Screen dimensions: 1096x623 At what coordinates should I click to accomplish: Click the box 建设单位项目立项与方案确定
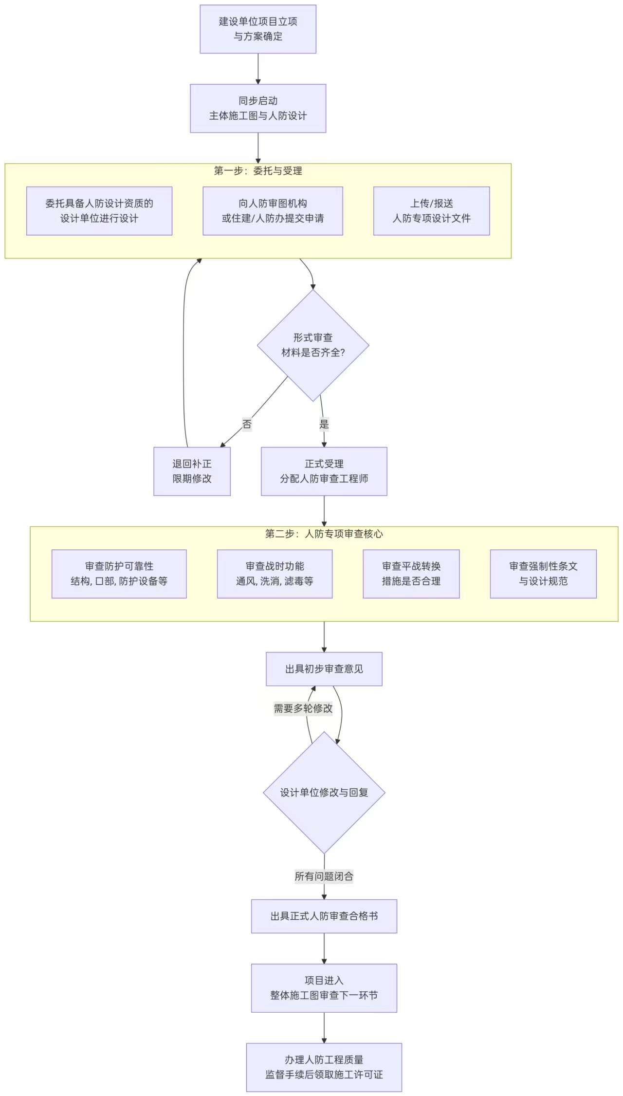pyautogui.click(x=258, y=29)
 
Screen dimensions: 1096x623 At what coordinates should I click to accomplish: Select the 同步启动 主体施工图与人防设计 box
pyautogui.click(x=258, y=108)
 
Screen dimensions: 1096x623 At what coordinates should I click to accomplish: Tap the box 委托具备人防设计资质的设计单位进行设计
pyautogui.click(x=99, y=211)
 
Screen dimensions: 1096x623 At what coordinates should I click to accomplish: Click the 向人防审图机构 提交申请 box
pyautogui.click(x=273, y=211)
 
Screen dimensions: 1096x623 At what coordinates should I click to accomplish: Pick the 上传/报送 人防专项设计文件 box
pyautogui.click(x=431, y=211)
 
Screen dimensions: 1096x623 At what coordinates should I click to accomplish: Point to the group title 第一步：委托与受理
pyautogui.click(x=258, y=171)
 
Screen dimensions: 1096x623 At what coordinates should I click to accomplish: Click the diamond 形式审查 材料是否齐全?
pyautogui.click(x=313, y=345)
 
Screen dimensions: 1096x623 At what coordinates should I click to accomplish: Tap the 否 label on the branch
pyautogui.click(x=247, y=424)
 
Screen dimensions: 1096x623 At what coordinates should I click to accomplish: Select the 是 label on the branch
pyautogui.click(x=324, y=424)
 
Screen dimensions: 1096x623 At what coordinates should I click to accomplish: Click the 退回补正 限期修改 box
pyautogui.click(x=192, y=471)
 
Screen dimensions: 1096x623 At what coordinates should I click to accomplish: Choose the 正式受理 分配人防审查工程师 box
pyautogui.click(x=324, y=471)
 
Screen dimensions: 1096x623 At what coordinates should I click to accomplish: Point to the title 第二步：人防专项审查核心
pyautogui.click(x=324, y=534)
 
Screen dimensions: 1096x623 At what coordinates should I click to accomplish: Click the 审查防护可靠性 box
pyautogui.click(x=119, y=574)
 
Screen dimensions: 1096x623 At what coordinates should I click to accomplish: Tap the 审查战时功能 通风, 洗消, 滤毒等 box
pyautogui.click(x=275, y=574)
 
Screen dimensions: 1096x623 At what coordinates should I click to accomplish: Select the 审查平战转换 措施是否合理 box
pyautogui.click(x=411, y=574)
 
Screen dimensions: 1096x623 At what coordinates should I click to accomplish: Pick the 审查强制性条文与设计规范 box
pyautogui.click(x=543, y=574)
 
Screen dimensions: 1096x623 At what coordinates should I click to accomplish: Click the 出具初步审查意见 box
pyautogui.click(x=324, y=669)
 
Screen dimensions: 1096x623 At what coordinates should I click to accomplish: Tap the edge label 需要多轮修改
pyautogui.click(x=303, y=708)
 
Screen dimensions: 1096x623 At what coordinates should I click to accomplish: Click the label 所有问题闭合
pyautogui.click(x=324, y=876)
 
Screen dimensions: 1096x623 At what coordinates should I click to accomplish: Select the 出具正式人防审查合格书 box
pyautogui.click(x=324, y=916)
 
